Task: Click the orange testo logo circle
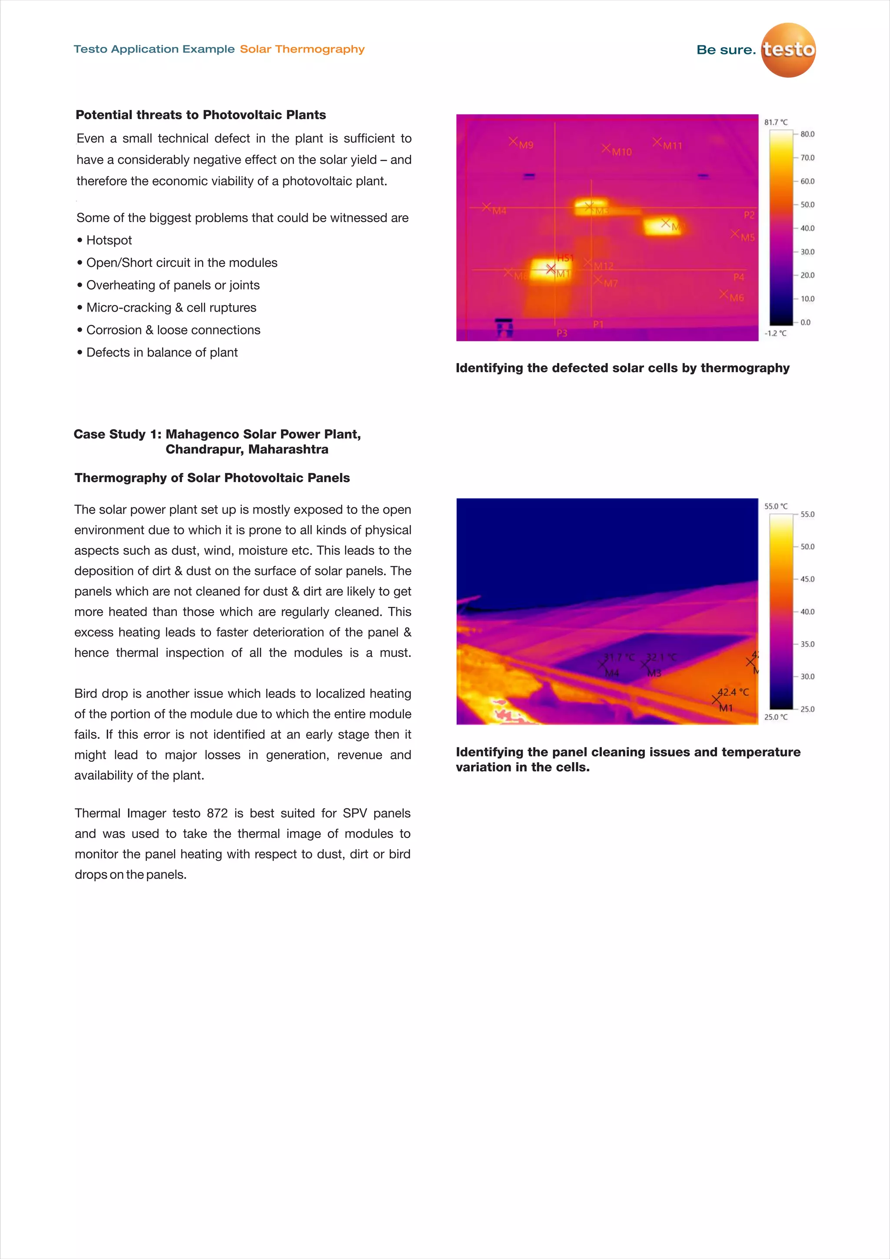788,50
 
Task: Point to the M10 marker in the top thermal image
621,152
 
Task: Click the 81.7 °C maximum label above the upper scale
775,122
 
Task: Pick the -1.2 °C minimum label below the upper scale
775,333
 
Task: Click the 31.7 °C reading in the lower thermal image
618,657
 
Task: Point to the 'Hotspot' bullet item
109,240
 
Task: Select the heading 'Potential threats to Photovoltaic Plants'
201,115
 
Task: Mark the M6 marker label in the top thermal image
737,298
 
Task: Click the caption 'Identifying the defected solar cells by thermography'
622,368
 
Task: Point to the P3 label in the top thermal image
562,333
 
